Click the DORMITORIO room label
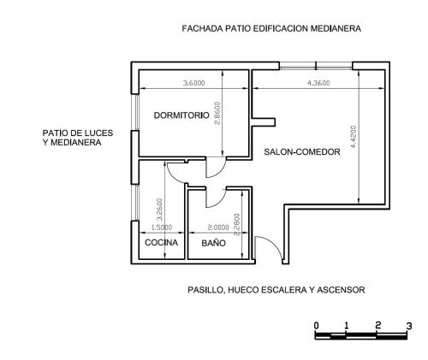tap(181, 115)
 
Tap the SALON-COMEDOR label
tap(302, 151)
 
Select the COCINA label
tap(161, 243)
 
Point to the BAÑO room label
tap(213, 243)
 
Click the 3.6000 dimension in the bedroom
tap(193, 83)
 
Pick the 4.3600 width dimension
tap(318, 83)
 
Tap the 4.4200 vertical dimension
tap(354, 137)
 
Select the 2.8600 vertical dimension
tap(217, 113)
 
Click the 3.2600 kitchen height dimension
tap(160, 210)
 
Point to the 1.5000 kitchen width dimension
tap(162, 227)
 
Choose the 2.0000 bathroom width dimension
tap(218, 227)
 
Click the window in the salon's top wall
tap(316, 66)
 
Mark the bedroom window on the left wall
tap(135, 112)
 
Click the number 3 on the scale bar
tap(409, 326)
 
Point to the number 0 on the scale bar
tap(316, 326)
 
